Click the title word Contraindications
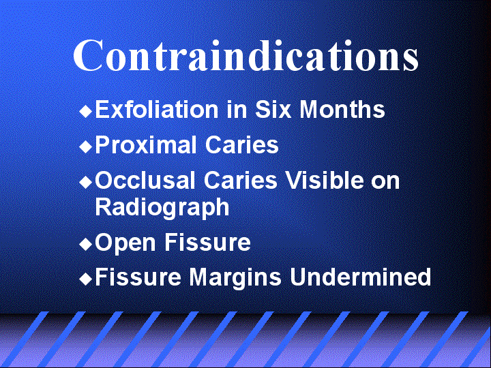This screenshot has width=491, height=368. click(245, 55)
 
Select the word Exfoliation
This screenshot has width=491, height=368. click(157, 109)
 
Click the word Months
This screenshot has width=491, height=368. click(342, 109)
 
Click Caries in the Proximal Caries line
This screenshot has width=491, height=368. click(241, 144)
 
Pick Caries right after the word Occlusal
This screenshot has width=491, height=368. click(241, 180)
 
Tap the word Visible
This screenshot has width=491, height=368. click(325, 180)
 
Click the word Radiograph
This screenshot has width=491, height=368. click(162, 207)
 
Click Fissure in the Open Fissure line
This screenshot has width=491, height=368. click(207, 242)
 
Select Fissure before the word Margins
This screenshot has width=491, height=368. click(138, 277)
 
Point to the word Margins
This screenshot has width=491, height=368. click(235, 277)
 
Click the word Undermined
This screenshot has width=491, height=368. click(360, 277)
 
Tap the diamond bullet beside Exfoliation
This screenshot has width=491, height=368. click(85, 111)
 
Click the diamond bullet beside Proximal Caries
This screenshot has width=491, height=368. click(85, 147)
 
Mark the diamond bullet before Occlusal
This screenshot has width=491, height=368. click(85, 182)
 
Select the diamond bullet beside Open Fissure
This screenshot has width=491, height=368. click(85, 244)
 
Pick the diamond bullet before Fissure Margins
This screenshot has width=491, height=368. click(85, 279)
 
